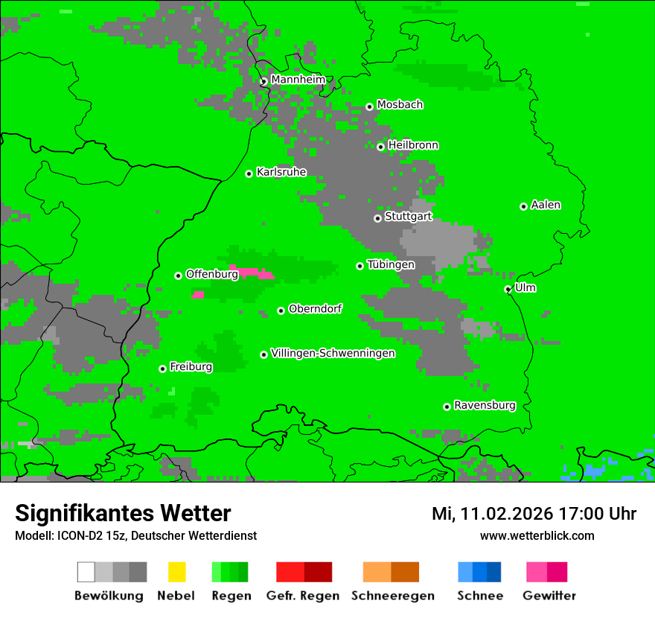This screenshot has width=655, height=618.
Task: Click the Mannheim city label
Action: click(298, 80)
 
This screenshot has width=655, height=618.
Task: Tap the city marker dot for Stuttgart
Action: click(377, 218)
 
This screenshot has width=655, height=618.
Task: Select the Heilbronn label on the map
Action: click(413, 145)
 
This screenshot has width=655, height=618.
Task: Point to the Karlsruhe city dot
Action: click(249, 173)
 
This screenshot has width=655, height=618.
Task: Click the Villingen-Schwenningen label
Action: click(333, 353)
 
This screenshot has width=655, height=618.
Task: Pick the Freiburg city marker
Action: click(162, 369)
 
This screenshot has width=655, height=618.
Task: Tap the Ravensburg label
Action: click(485, 405)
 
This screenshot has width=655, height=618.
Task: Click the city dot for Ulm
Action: click(508, 289)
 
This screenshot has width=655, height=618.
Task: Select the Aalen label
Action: click(546, 205)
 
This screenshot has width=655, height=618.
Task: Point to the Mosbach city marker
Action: click(369, 106)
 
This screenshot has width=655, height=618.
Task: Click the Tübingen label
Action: click(391, 264)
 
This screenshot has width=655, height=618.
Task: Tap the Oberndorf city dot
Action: click(281, 310)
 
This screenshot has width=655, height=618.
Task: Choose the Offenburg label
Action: click(211, 274)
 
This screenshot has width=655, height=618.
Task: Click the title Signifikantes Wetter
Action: click(123, 513)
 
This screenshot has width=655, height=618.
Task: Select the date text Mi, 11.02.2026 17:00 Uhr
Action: click(534, 514)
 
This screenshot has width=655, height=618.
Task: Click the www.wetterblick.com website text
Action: click(537, 535)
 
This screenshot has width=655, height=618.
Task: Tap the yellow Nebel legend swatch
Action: click(176, 572)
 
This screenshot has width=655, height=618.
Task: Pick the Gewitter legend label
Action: click(549, 596)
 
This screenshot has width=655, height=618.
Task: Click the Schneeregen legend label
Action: click(392, 596)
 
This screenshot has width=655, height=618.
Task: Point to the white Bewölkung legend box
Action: click(86, 572)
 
